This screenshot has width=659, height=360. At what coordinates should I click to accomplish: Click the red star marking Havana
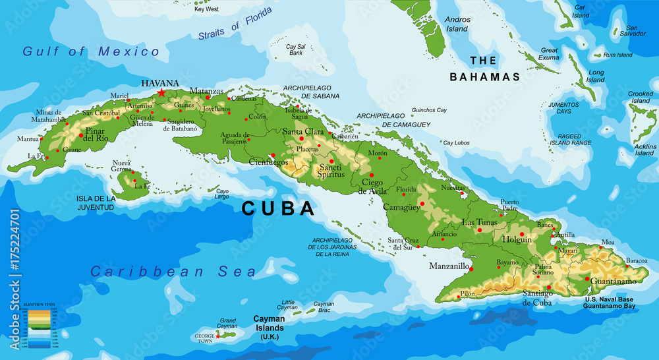tap(161, 93)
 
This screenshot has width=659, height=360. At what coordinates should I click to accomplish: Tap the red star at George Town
tap(218, 336)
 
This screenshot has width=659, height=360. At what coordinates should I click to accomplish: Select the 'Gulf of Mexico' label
tap(91, 51)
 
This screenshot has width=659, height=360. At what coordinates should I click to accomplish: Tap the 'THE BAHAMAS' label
tap(484, 69)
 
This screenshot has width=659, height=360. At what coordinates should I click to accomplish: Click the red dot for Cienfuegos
tap(273, 156)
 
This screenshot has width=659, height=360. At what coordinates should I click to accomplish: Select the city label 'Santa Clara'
tap(303, 131)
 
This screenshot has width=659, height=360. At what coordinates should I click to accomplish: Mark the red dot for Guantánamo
tap(587, 278)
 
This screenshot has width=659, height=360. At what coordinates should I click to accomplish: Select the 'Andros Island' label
tap(457, 24)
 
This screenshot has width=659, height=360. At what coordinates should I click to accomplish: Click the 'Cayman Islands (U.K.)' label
tap(269, 327)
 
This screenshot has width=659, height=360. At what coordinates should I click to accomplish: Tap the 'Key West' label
tap(206, 9)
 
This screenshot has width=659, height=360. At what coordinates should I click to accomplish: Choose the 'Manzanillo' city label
tap(448, 266)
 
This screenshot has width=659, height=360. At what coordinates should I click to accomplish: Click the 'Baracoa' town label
tap(637, 260)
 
